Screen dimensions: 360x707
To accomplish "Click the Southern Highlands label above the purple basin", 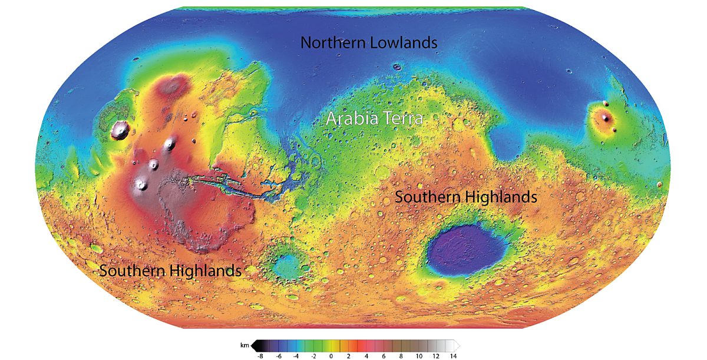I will tap(465, 197).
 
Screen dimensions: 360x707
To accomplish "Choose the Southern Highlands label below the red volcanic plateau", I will tap(170, 271).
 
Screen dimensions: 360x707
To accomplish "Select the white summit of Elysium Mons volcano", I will tap(605, 117).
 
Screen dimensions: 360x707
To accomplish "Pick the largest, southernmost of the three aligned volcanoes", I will tap(141, 184).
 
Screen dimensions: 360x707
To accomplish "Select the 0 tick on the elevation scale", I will tap(331, 356).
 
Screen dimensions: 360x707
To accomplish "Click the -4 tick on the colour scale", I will tap(297, 356).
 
